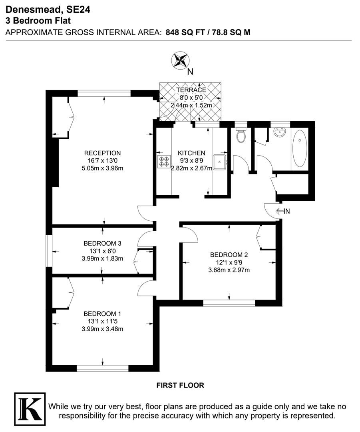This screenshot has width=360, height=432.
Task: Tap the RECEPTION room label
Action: click(102, 153)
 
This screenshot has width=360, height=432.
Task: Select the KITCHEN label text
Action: click(191, 153)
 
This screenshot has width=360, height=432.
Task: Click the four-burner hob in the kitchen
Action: click(164, 162)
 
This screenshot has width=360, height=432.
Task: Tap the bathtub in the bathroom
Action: click(299, 148)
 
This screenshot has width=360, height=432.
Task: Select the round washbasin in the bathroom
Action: click(280, 134)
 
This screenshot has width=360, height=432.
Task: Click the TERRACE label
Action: click(191, 90)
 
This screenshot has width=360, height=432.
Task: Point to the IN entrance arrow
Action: click(282, 211)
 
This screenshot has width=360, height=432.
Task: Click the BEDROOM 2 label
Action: click(229, 255)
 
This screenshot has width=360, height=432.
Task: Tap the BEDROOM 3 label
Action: click(102, 243)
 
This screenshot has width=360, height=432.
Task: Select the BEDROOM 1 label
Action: click(102, 314)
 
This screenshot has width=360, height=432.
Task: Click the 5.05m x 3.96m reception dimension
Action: click(102, 168)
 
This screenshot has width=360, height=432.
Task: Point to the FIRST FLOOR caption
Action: click(180, 385)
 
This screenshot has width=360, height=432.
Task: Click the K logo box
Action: click(30, 408)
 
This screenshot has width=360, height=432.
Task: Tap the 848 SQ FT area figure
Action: click(185, 32)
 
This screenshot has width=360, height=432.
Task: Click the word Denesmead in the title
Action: click(33, 10)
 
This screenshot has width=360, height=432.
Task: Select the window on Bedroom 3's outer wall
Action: click(49, 250)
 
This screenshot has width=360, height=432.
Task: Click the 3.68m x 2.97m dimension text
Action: click(229, 270)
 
